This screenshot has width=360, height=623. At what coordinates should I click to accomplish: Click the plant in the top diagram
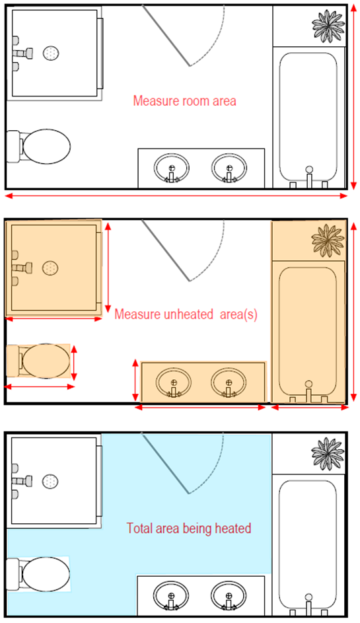pyautogui.click(x=328, y=26)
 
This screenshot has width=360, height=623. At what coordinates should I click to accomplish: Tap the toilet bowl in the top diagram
pyautogui.click(x=46, y=146)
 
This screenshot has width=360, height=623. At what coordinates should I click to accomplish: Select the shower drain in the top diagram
pyautogui.click(x=51, y=53)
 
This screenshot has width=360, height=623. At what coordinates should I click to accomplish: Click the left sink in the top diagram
pyautogui.click(x=172, y=168)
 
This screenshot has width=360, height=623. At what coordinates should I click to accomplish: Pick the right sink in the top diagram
pyautogui.click(x=229, y=168)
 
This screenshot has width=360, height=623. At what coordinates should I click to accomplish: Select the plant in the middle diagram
pyautogui.click(x=328, y=240)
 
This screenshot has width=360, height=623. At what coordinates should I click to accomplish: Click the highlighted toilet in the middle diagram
pyautogui.click(x=38, y=361)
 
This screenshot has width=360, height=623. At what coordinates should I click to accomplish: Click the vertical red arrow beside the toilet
pyautogui.click(x=73, y=363)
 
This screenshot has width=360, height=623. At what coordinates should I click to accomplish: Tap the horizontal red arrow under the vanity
pyautogui.click(x=200, y=407)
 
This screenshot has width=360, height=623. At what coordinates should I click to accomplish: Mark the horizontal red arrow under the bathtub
pyautogui.click(x=310, y=407)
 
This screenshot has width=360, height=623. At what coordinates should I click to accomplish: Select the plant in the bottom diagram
pyautogui.click(x=328, y=454)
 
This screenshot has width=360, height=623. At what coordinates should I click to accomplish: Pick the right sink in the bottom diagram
pyautogui.click(x=229, y=596)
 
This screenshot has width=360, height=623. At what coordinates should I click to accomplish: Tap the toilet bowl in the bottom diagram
pyautogui.click(x=46, y=574)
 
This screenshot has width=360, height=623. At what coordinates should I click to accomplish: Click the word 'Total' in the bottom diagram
pyautogui.click(x=139, y=529)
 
